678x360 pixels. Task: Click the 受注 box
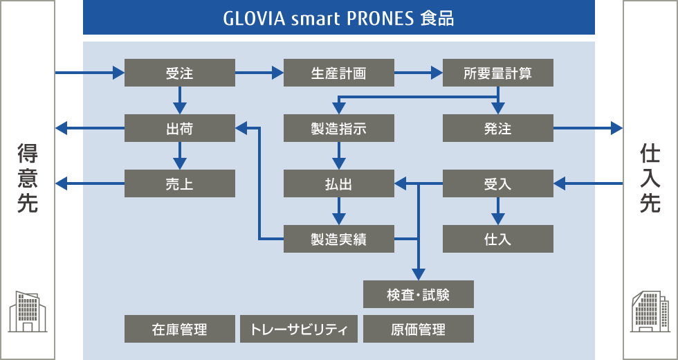(x=180, y=73)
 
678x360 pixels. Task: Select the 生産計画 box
(x=339, y=73)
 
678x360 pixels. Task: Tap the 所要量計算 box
(x=498, y=73)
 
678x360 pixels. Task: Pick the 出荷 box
(x=180, y=128)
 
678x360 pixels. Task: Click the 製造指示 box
(x=339, y=128)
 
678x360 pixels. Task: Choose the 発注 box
(x=498, y=128)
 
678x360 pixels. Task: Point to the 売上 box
(x=180, y=183)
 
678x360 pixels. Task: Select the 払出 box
(x=339, y=183)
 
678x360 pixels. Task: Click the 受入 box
(x=498, y=183)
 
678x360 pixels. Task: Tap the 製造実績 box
(x=339, y=240)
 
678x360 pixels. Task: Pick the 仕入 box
(x=498, y=240)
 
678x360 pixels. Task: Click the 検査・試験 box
(x=419, y=294)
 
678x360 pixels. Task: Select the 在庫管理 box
(x=180, y=329)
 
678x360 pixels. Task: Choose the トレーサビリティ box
(x=299, y=329)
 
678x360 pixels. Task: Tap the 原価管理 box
(x=419, y=329)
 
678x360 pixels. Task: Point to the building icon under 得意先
(x=27, y=312)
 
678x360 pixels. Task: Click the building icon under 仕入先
(x=650, y=312)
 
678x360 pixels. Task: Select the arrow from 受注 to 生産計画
(x=259, y=72)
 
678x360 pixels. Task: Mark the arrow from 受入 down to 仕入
(x=498, y=211)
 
